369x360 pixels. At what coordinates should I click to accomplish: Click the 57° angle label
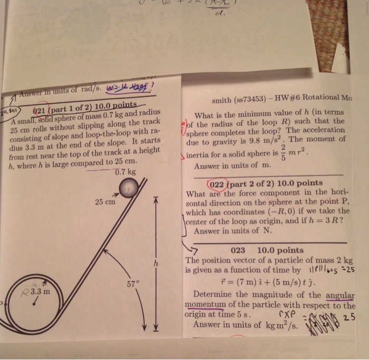pos(133,284)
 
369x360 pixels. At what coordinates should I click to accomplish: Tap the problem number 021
pos(40,111)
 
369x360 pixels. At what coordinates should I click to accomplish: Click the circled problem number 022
pos(218,184)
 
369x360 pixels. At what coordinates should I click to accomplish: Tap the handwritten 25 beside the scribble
pos(348,318)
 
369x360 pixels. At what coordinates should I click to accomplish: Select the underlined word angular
pos(341,294)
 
